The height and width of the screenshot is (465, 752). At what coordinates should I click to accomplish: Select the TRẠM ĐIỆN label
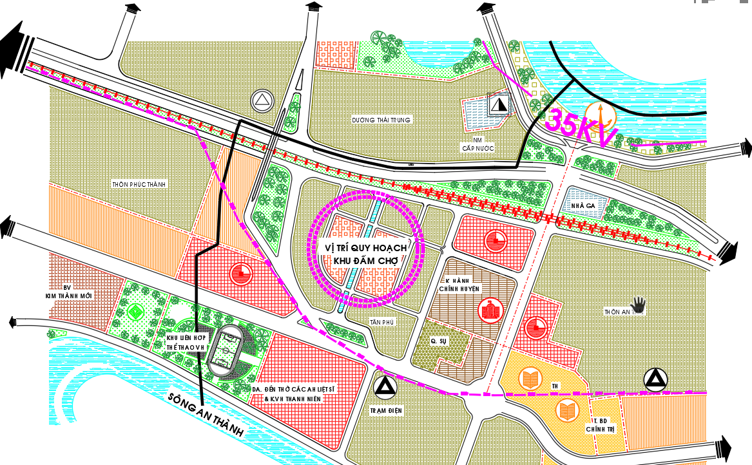pyautogui.click(x=387, y=410)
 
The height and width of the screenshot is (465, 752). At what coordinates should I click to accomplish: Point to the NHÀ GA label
pyautogui.click(x=582, y=205)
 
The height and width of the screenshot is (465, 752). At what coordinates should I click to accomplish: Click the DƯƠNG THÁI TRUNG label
pyautogui.click(x=381, y=120)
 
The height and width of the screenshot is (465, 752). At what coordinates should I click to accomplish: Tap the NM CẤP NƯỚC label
pyautogui.click(x=477, y=144)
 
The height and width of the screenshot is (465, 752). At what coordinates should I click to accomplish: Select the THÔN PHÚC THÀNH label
pyautogui.click(x=139, y=185)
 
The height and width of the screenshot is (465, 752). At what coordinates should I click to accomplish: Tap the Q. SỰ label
pyautogui.click(x=439, y=341)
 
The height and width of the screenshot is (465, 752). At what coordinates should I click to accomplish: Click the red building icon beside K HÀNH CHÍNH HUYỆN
pyautogui.click(x=488, y=311)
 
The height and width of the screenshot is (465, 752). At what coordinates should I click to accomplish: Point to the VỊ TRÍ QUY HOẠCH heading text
pyautogui.click(x=365, y=247)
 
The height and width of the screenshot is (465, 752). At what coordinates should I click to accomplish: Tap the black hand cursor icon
pyautogui.click(x=637, y=303)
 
